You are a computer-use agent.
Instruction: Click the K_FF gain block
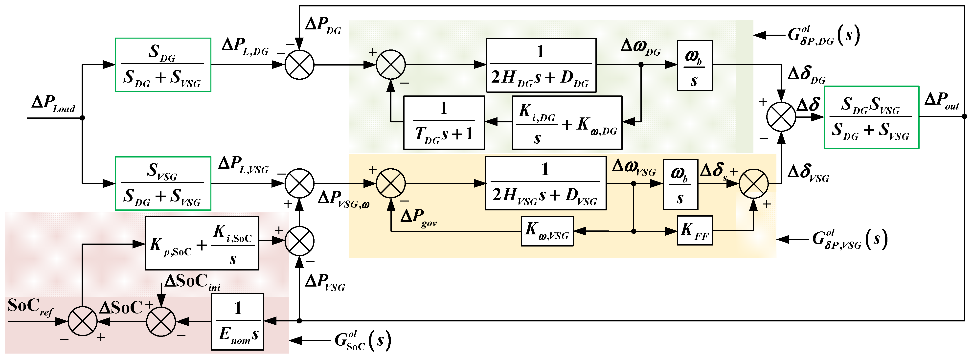[x=694, y=230]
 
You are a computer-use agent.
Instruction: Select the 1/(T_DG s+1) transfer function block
[x=444, y=122]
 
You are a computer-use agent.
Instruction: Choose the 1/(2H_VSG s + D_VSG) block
[x=545, y=183]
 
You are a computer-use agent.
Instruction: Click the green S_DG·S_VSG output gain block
[x=871, y=117]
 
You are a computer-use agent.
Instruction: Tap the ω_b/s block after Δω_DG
[x=694, y=65]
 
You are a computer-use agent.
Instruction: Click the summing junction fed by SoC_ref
[x=82, y=321]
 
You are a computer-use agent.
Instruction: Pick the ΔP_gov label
[x=418, y=218]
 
